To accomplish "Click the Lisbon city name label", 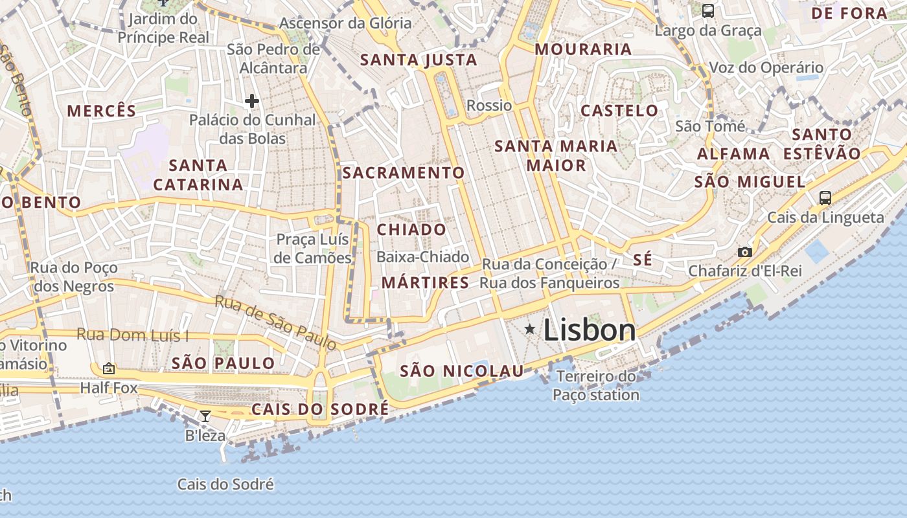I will coord(590,330).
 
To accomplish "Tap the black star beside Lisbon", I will coord(530,330).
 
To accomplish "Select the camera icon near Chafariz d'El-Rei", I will coord(745,252).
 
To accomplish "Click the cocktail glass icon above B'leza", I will coord(205,416).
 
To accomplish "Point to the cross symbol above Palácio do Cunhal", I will coord(252,101).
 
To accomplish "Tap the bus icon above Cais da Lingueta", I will coord(825,198).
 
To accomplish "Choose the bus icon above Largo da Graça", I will coord(708,11).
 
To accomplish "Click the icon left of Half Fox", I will coord(109,368).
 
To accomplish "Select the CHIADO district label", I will coord(411,230).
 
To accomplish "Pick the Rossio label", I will coord(489,106).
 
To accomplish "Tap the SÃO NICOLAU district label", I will coord(462,371).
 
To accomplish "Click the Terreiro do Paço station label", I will coord(596,385).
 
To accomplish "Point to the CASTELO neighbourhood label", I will coord(619,111).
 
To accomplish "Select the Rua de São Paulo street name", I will coord(276,322).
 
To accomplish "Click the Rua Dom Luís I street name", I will coord(133,335).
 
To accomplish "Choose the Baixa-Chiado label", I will coord(422,257).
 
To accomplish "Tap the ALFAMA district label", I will coord(733,154).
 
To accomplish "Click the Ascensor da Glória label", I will coord(345,23).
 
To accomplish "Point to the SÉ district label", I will coord(642,260).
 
